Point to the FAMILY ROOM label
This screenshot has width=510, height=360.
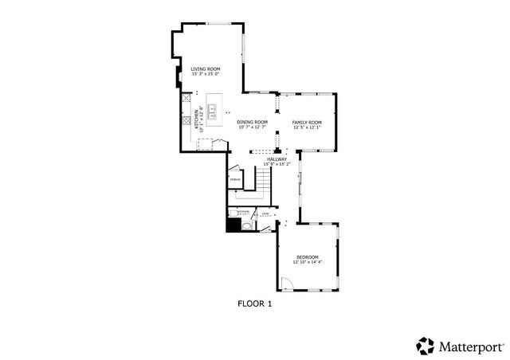tap(307, 122)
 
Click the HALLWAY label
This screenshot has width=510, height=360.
tap(277, 160)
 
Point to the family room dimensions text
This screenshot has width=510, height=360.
tap(307, 127)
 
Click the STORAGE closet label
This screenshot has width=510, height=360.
tap(236, 180)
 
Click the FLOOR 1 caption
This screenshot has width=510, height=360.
tap(255, 303)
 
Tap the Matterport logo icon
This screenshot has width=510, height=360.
tap(424, 346)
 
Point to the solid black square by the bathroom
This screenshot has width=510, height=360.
tap(233, 225)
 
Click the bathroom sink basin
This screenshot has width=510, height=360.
tap(247, 225)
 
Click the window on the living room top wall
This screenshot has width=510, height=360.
tap(219, 25)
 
